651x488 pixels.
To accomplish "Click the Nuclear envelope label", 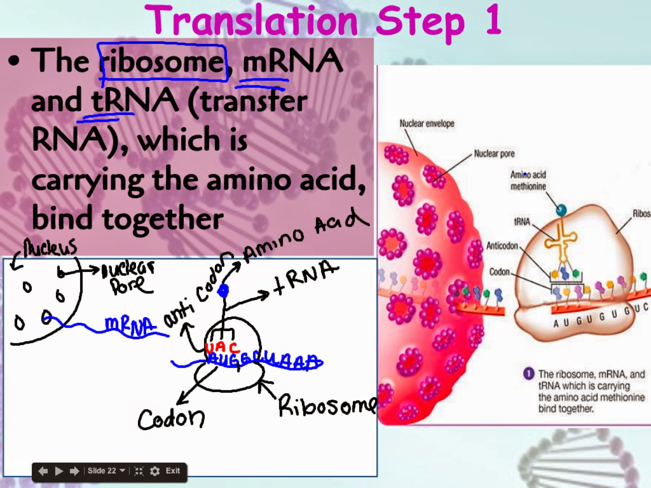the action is pyautogui.click(x=426, y=124).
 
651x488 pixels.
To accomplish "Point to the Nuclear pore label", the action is pyautogui.click(x=494, y=154).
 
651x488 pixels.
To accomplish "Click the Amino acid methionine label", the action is pyautogui.click(x=528, y=181).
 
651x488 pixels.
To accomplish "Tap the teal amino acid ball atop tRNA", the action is pyautogui.click(x=561, y=210).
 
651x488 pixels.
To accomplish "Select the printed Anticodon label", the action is pyautogui.click(x=502, y=246).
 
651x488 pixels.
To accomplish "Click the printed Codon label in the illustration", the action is pyautogui.click(x=499, y=271).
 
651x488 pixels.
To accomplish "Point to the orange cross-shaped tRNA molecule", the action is pyautogui.click(x=561, y=243).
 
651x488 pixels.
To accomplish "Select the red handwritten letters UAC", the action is pyautogui.click(x=222, y=348).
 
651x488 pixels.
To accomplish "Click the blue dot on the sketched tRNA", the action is pyautogui.click(x=223, y=291).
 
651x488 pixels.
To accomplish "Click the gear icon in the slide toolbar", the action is pyautogui.click(x=155, y=471).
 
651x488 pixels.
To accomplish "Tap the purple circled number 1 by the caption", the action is pyautogui.click(x=528, y=374).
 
